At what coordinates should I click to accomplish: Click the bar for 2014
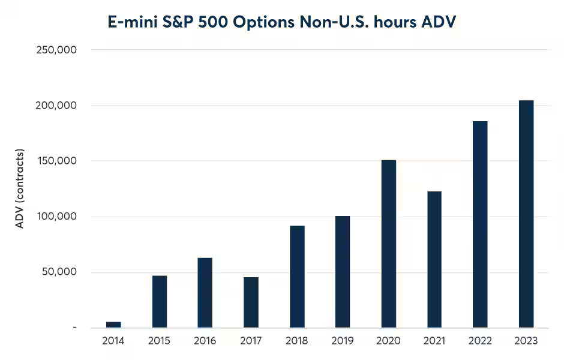pyautogui.click(x=113, y=325)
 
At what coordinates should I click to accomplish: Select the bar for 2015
pyautogui.click(x=160, y=302)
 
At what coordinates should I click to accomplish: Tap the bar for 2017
pyautogui.click(x=251, y=302)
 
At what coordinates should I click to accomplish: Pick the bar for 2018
pyautogui.click(x=297, y=277)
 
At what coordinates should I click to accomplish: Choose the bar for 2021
pyautogui.click(x=434, y=259)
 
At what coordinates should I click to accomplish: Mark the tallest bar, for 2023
pyautogui.click(x=526, y=214)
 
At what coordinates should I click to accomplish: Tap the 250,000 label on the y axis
pyautogui.click(x=56, y=50)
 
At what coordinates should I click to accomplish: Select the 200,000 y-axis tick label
pyautogui.click(x=56, y=106)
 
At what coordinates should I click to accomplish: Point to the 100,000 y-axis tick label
pyautogui.click(x=56, y=217)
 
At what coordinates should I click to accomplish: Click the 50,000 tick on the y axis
pyautogui.click(x=59, y=272)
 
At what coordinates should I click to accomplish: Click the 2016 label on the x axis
pyautogui.click(x=205, y=341)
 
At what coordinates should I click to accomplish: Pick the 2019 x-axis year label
pyautogui.click(x=343, y=341)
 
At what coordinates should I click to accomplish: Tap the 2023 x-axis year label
pyautogui.click(x=526, y=341)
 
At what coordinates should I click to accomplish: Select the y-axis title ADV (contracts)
pyautogui.click(x=20, y=188)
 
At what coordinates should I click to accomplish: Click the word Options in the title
pyautogui.click(x=286, y=22)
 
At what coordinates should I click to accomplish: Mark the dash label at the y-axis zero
pyautogui.click(x=74, y=328)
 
